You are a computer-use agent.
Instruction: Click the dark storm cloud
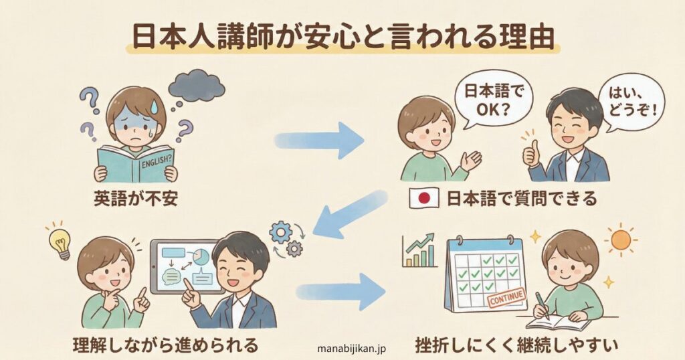[x=195, y=85]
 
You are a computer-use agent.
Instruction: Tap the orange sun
[x=621, y=240]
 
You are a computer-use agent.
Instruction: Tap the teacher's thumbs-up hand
[x=531, y=155]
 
